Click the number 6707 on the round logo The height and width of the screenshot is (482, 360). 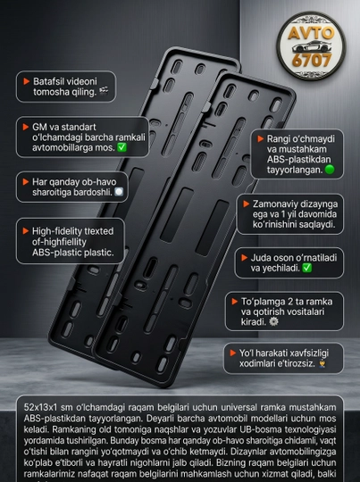point(312,61)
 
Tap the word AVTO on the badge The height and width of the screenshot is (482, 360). point(311,33)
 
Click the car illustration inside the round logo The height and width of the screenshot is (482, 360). point(312,46)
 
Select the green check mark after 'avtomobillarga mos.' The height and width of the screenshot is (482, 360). point(121,147)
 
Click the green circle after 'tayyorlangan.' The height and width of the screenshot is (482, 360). point(330,170)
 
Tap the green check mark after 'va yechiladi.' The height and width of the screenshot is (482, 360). point(306,268)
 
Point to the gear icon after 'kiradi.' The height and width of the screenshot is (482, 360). point(273,322)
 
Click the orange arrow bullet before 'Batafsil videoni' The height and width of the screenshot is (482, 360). point(27,81)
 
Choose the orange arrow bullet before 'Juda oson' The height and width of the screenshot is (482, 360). point(244,258)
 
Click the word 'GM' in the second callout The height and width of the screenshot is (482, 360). point(39,127)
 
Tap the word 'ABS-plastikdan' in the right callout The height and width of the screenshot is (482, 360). point(298,159)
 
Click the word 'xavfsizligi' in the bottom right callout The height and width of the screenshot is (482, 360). point(309,353)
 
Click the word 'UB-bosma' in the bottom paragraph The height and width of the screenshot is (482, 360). point(258,429)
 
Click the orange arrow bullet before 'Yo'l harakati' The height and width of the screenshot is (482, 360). point(233,353)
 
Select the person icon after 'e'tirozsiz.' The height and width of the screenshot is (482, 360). point(322,363)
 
